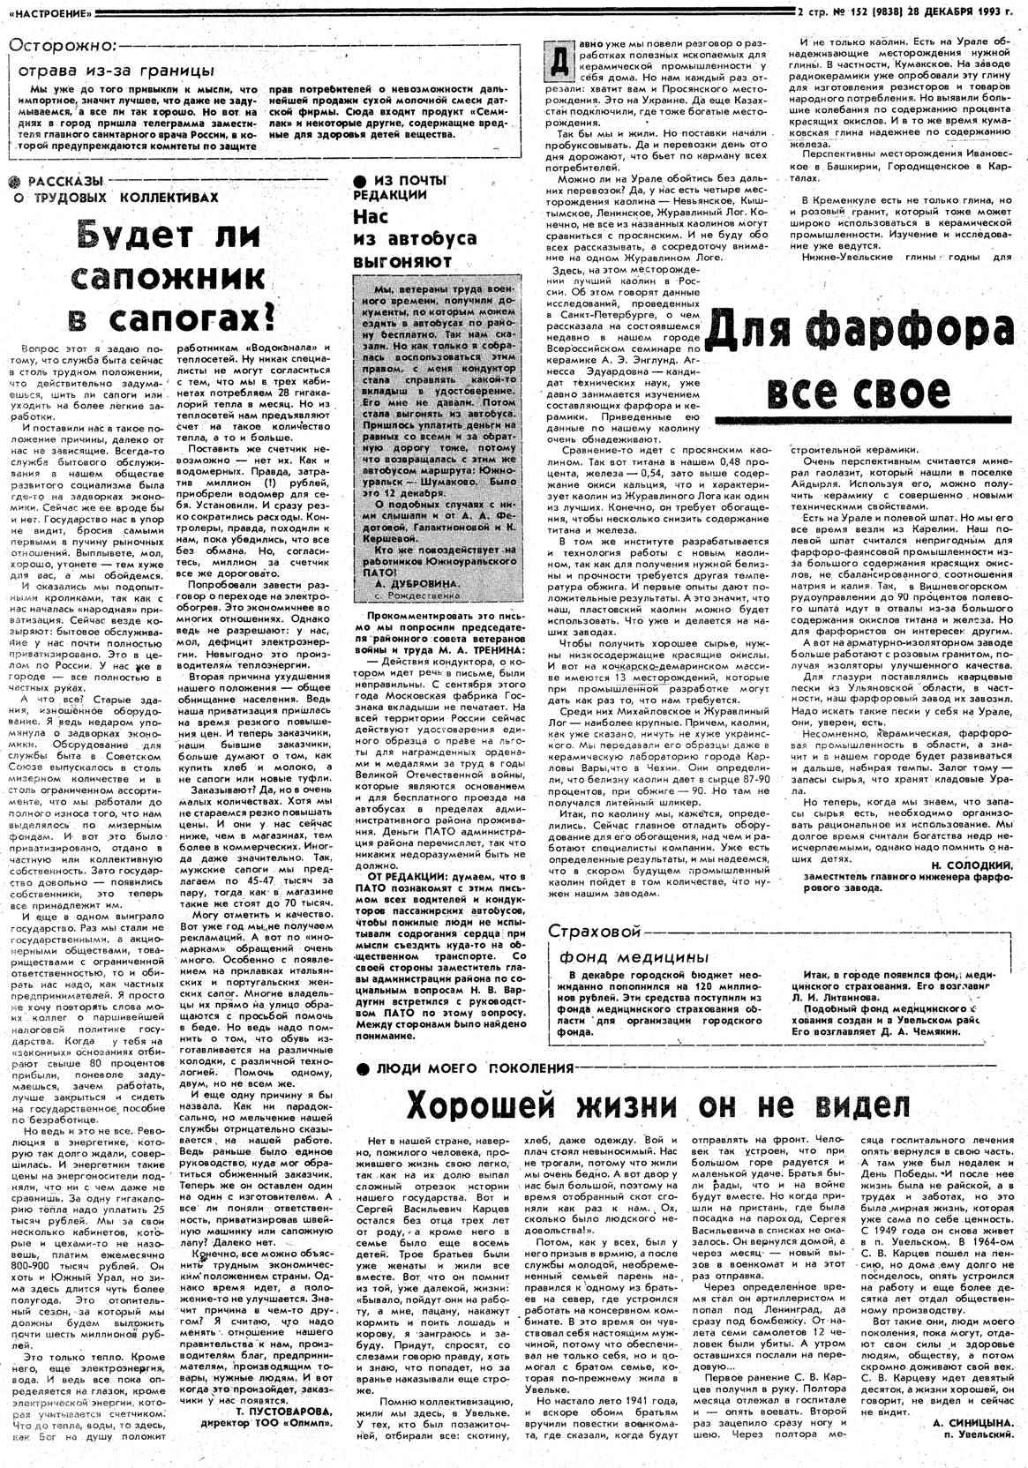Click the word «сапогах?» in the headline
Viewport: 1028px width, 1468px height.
tap(199, 315)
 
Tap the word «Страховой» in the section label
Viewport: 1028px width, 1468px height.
tap(593, 932)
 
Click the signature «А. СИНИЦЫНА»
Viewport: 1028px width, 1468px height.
tap(973, 1423)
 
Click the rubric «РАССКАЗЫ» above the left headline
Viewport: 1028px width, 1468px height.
tap(56, 182)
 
